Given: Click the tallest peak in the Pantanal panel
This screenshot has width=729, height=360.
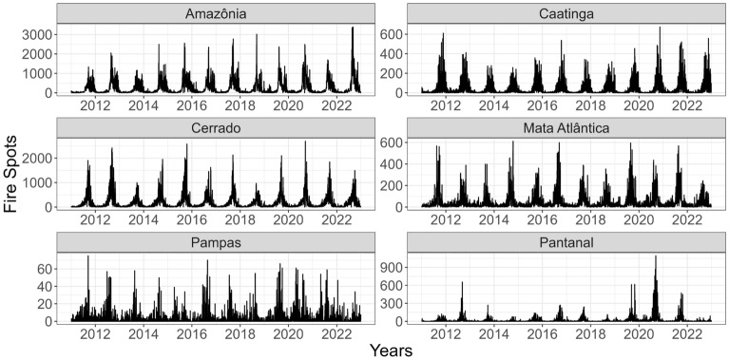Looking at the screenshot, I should click(x=655, y=256).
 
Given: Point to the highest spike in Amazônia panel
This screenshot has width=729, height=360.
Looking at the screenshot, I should click(x=353, y=28).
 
